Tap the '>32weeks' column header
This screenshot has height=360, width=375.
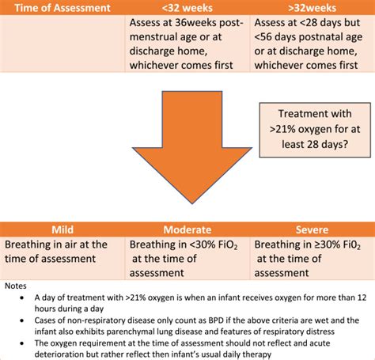coord(310,7)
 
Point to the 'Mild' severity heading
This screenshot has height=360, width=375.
coord(62,229)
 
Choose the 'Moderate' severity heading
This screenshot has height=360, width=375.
coord(187,229)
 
